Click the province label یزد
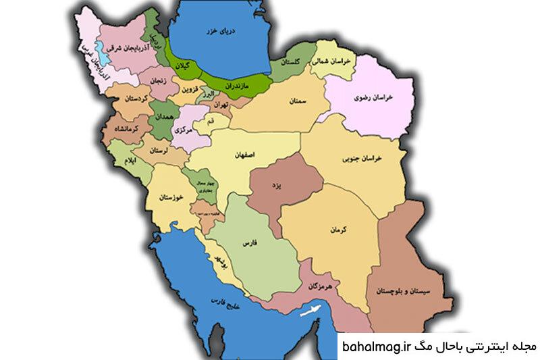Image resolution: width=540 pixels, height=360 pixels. pos(277,184)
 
